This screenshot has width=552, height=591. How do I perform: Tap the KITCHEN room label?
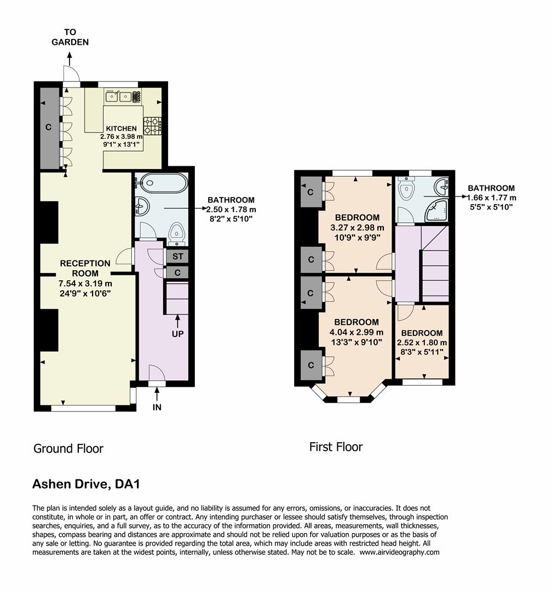121,129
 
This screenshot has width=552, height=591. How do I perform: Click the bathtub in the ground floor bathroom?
160,183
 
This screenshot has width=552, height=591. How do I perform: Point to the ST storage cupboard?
177,256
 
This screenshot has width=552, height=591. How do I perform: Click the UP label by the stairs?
177,333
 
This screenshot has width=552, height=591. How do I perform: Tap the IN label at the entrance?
157,407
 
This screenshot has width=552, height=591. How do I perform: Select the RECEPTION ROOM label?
85,268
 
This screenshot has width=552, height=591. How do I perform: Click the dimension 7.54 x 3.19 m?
85,283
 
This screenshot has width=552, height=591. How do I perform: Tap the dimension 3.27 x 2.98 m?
357,228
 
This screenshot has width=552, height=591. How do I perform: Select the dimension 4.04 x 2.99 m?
356,332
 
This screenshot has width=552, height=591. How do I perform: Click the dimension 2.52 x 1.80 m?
422,343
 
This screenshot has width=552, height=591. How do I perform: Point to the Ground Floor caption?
68,449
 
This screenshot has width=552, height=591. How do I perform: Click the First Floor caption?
336,447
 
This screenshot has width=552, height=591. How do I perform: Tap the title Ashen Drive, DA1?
87,484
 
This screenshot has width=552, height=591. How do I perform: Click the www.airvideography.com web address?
399,552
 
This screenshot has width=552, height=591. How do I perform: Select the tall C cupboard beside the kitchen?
49,128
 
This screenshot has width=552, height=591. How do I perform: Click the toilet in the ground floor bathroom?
176,233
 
